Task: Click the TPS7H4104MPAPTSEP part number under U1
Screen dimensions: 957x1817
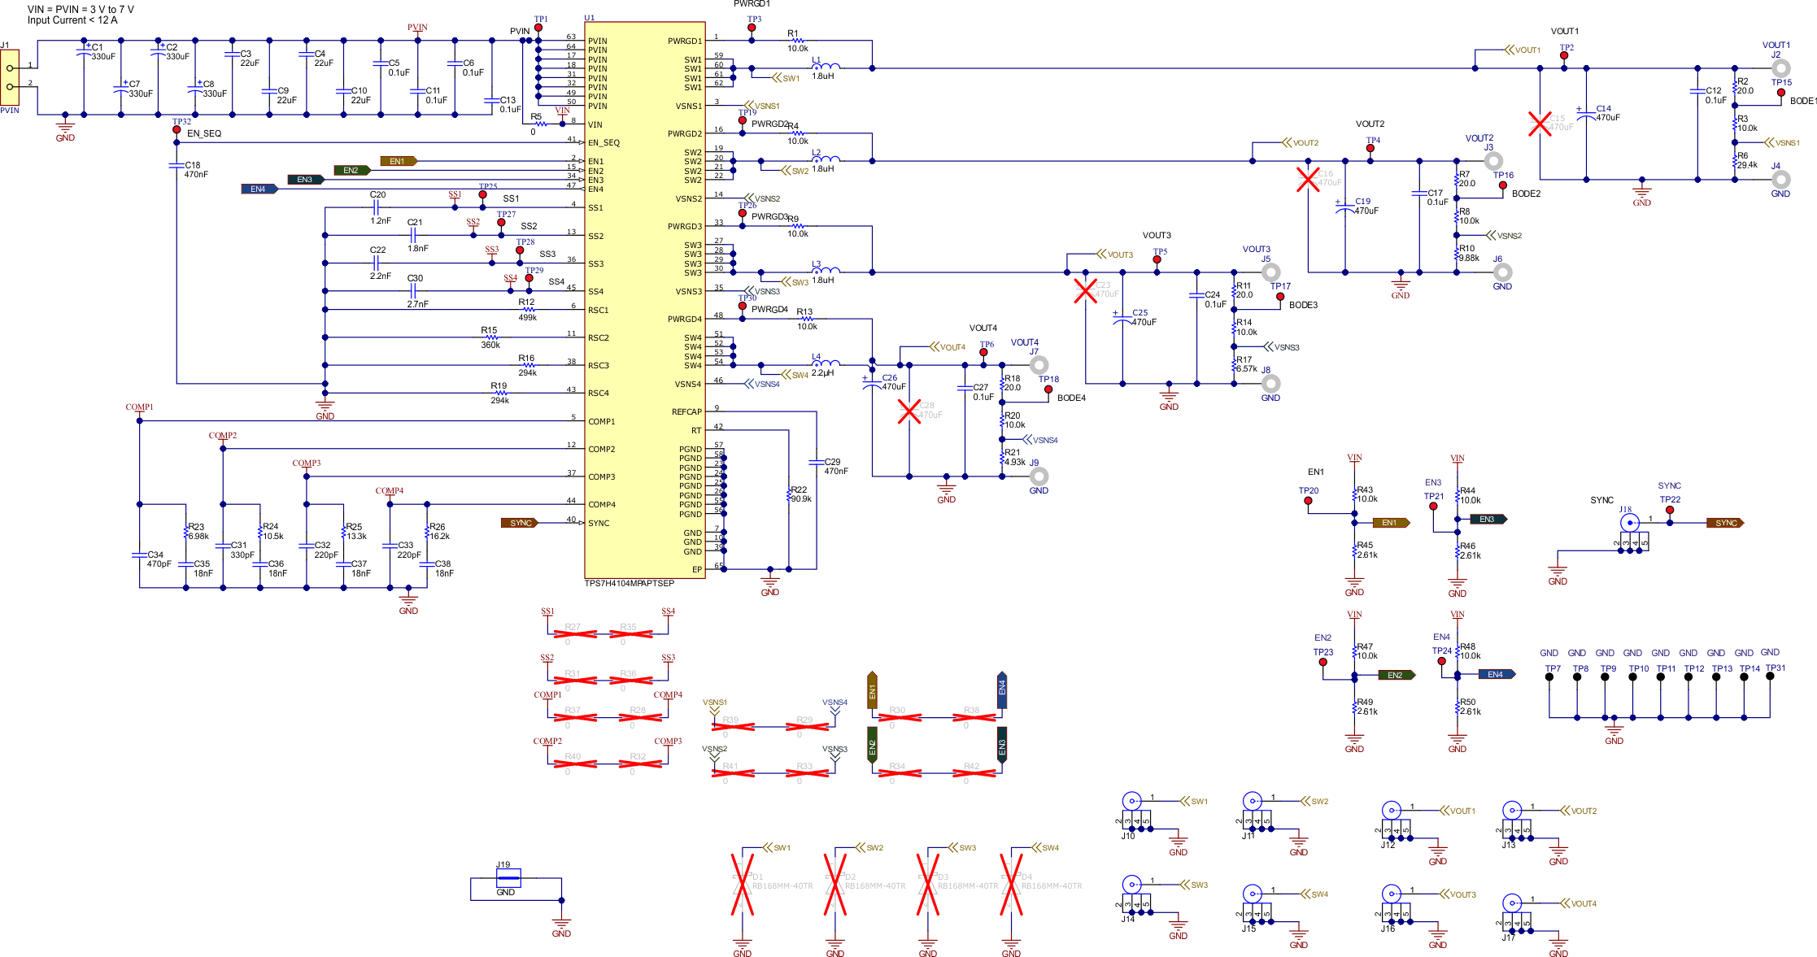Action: (629, 583)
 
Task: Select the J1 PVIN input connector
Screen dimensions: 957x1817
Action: (10, 77)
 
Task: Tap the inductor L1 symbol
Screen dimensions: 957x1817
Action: (826, 67)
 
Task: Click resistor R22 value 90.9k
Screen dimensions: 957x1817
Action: (801, 499)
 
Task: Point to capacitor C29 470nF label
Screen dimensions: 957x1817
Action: (835, 471)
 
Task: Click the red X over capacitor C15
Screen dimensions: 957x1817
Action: (1540, 124)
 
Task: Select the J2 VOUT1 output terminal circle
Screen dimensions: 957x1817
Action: (1780, 68)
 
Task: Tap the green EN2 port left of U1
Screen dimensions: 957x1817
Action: (351, 171)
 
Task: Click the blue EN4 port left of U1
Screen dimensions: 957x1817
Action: (259, 189)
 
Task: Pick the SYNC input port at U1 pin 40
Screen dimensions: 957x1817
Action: (521, 523)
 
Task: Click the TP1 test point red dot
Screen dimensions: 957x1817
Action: (538, 28)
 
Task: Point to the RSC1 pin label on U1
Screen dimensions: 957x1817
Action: (598, 310)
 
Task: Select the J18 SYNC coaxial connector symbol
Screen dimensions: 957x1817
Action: (1629, 523)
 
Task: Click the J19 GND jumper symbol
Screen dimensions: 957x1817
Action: (508, 877)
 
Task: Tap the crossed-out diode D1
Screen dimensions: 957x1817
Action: (742, 885)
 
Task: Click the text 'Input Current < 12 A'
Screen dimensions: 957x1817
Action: (72, 20)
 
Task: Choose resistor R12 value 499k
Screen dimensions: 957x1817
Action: (527, 318)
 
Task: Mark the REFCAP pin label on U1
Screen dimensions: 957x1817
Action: (686, 411)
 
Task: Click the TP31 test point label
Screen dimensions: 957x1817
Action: (1776, 668)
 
